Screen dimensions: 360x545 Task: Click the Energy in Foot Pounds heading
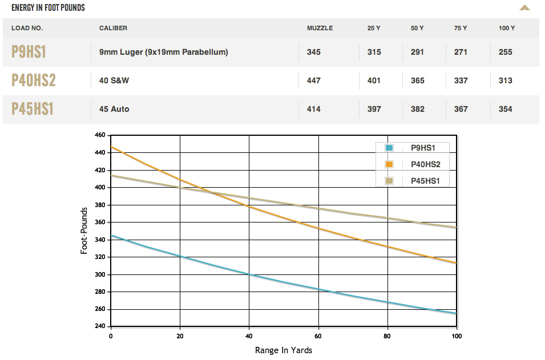pyautogui.click(x=48, y=8)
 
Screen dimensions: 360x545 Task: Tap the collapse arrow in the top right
pyautogui.click(x=524, y=8)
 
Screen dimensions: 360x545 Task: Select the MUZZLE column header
pyautogui.click(x=320, y=28)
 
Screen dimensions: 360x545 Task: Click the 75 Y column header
pyautogui.click(x=460, y=28)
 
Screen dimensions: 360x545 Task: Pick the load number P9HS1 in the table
pyautogui.click(x=29, y=52)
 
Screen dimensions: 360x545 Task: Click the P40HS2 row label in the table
pyautogui.click(x=34, y=80)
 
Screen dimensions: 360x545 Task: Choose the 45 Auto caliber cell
pyautogui.click(x=114, y=109)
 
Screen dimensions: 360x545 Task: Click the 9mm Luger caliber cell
pyautogui.click(x=163, y=52)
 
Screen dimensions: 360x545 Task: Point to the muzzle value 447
pyautogui.click(x=313, y=80)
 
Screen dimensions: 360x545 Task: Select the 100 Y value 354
pyautogui.click(x=505, y=109)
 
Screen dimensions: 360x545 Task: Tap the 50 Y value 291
pyautogui.click(x=417, y=52)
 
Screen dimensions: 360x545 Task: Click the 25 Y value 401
pyautogui.click(x=374, y=80)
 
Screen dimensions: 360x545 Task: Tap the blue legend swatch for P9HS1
pyautogui.click(x=390, y=148)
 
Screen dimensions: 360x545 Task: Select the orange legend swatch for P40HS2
pyautogui.click(x=390, y=164)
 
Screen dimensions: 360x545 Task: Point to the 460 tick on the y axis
pyautogui.click(x=100, y=135)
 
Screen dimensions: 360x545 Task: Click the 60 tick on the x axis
pyautogui.click(x=318, y=336)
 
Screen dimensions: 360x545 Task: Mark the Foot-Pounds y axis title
pyautogui.click(x=84, y=231)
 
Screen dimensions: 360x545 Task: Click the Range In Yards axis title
pyautogui.click(x=284, y=350)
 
